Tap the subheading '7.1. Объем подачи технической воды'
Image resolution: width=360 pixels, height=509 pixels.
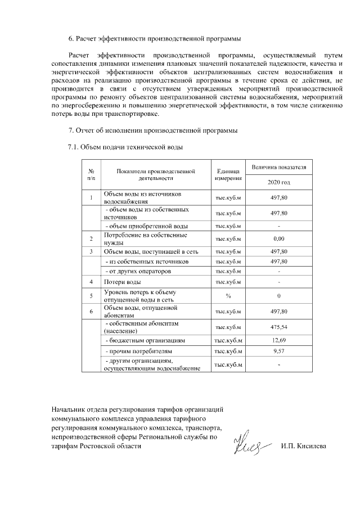click(x=125, y=147)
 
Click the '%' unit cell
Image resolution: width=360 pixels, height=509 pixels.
click(x=228, y=295)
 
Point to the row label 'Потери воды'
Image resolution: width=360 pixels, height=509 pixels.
click(x=122, y=281)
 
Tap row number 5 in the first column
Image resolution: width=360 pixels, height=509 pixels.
click(x=91, y=295)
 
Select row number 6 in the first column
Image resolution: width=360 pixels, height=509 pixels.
click(x=91, y=311)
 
